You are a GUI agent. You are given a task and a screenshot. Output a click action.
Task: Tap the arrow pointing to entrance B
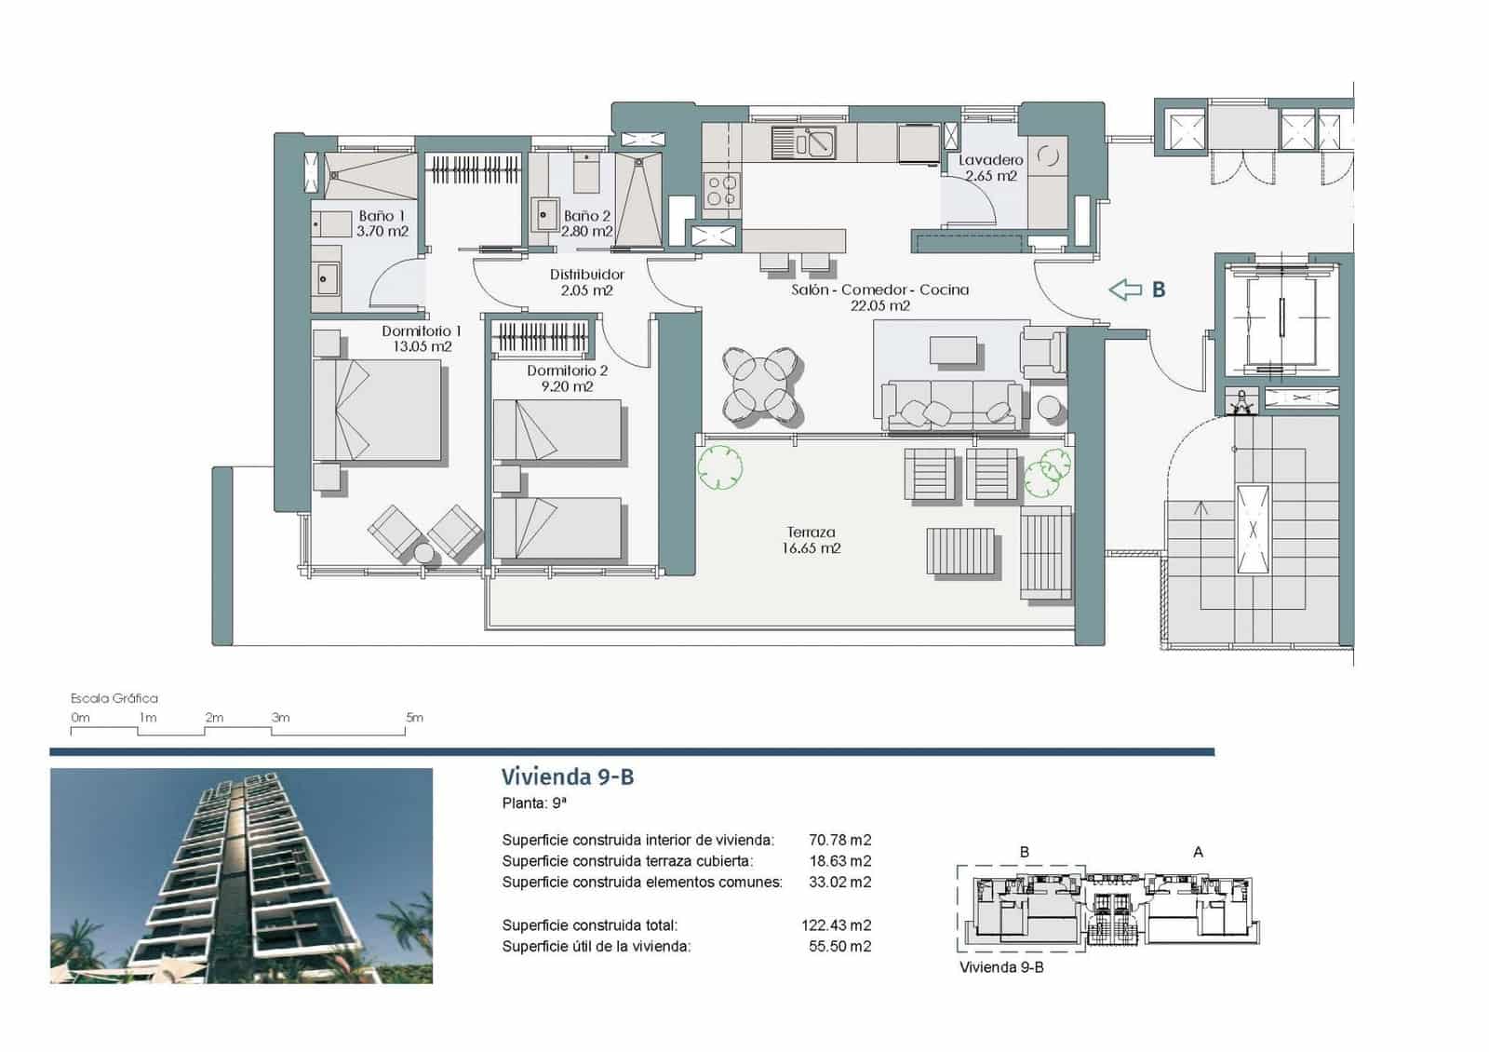(x=1125, y=290)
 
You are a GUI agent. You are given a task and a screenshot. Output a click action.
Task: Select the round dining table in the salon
(x=762, y=385)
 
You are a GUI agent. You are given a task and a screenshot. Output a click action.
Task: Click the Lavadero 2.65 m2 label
(x=991, y=168)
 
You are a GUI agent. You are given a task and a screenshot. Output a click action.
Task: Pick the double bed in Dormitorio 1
(x=377, y=411)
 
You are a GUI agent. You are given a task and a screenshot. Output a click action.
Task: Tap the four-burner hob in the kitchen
(x=722, y=190)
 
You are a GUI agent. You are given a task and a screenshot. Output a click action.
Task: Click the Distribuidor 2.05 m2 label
(x=586, y=282)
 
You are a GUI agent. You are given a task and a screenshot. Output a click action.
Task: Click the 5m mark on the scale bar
(x=414, y=718)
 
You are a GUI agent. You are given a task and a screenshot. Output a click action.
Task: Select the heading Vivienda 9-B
(x=568, y=776)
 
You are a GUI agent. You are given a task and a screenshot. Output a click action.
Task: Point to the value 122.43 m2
(x=836, y=925)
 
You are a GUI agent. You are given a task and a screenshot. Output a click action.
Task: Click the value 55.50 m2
(x=839, y=946)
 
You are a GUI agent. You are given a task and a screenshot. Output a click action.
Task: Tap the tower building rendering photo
(x=241, y=875)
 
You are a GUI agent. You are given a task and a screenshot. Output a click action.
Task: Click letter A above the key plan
(x=1198, y=852)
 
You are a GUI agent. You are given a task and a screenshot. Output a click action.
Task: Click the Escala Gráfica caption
(x=114, y=698)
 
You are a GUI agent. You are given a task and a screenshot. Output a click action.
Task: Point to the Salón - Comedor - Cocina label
(x=879, y=297)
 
